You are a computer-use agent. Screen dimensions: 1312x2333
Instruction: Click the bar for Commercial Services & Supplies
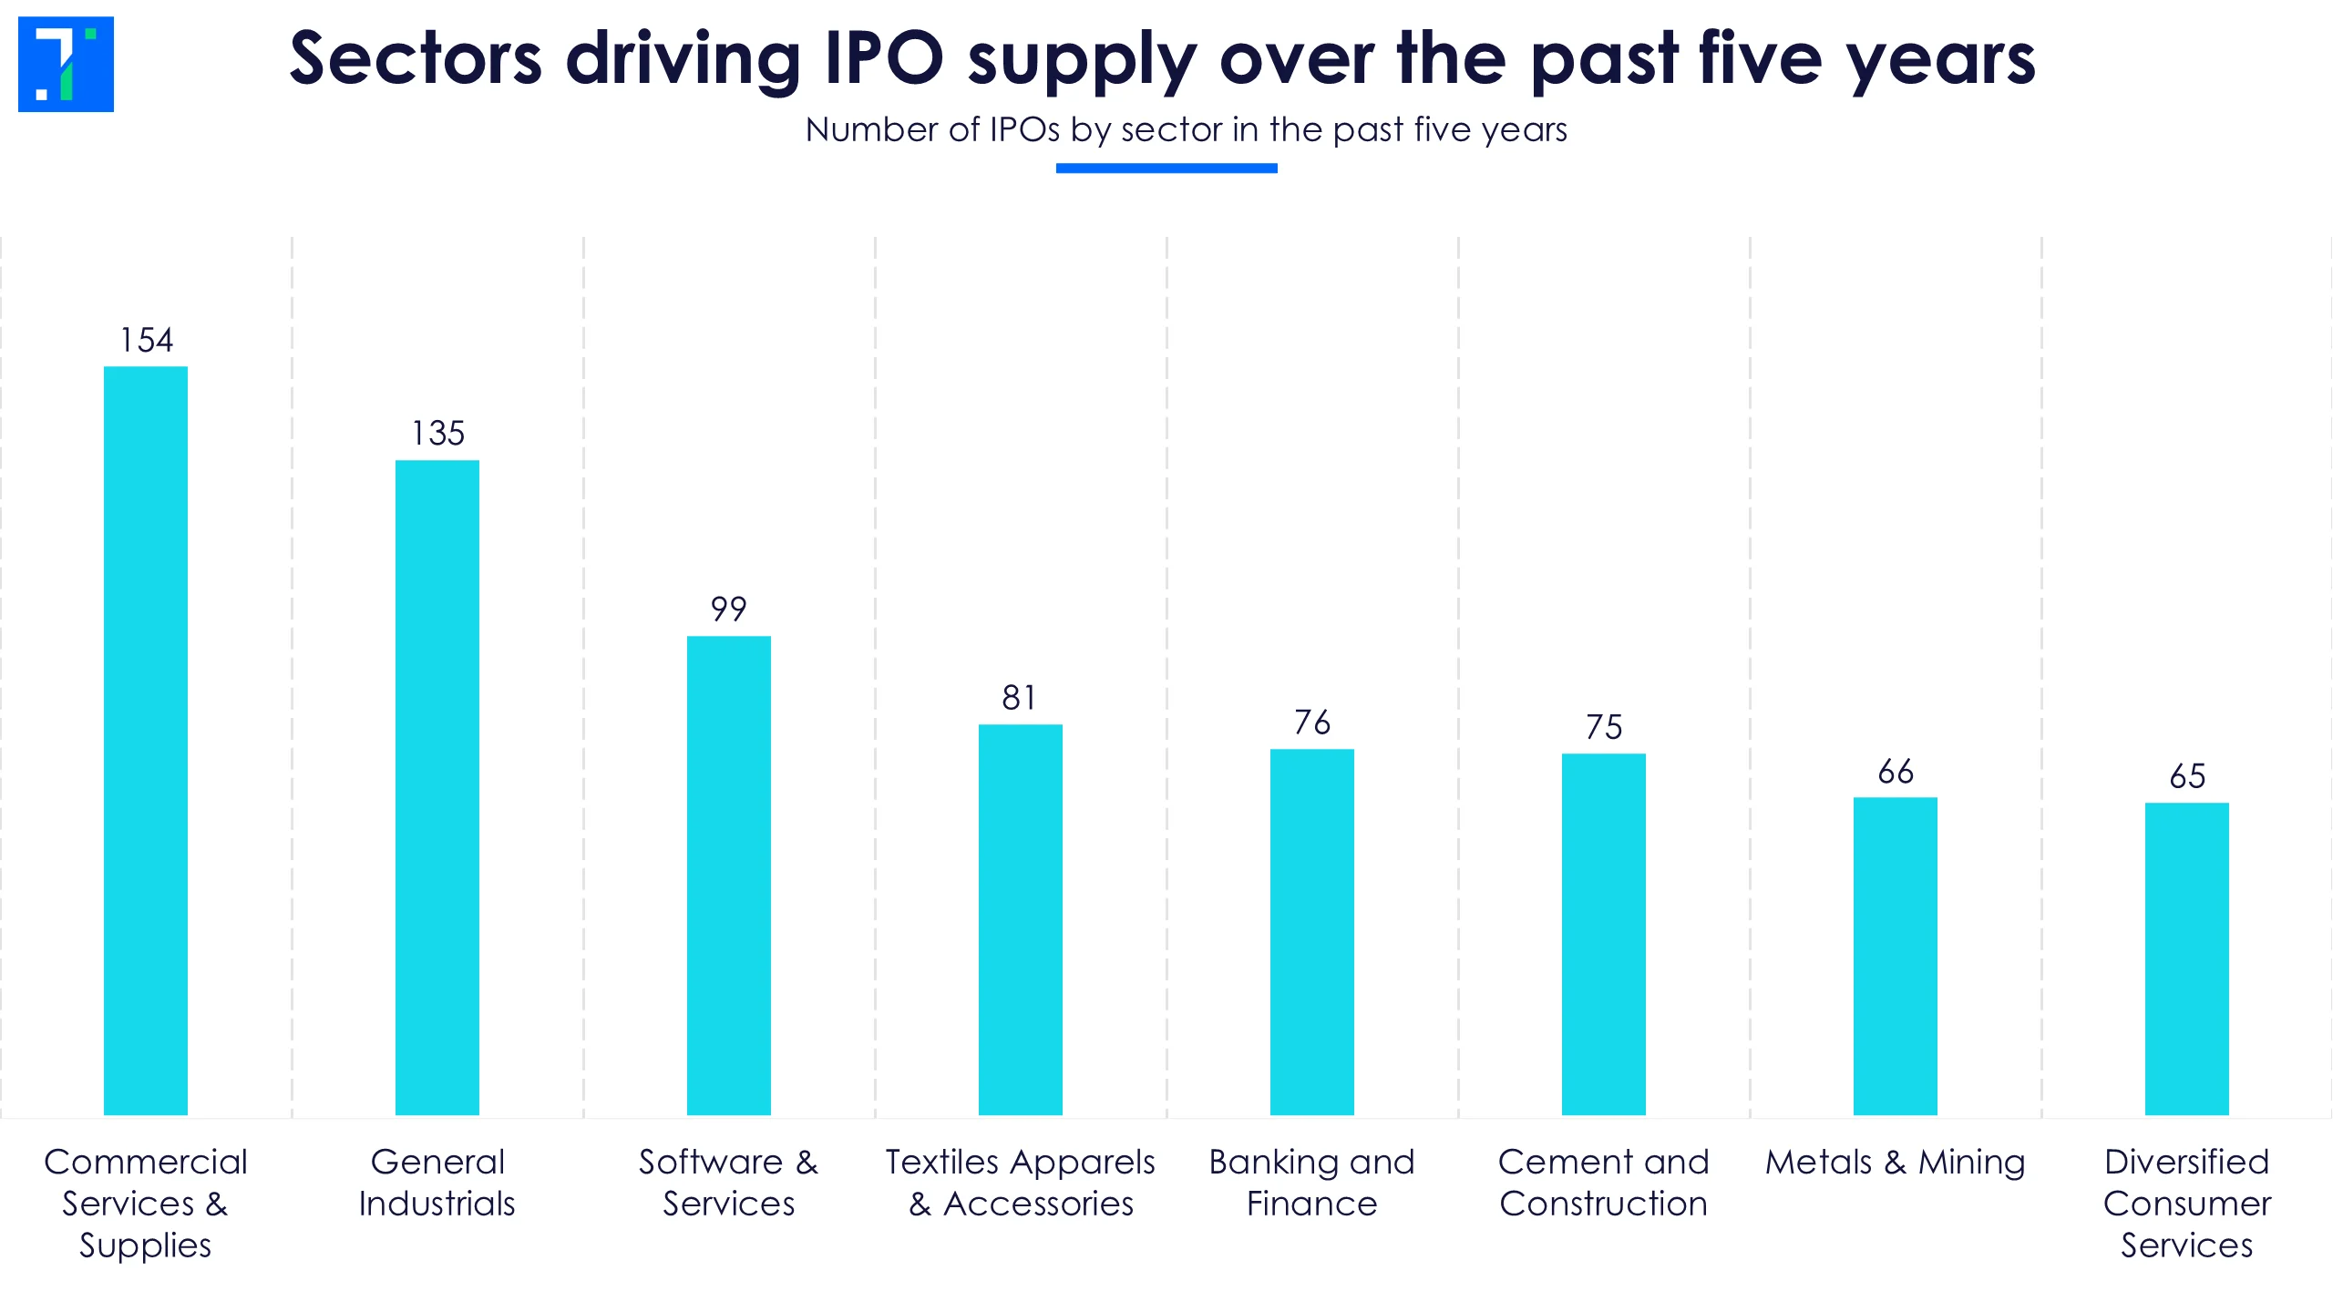pyautogui.click(x=146, y=740)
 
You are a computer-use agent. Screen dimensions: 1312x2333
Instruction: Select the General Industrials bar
pyautogui.click(x=437, y=787)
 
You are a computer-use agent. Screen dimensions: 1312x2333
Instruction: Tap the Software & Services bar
pyautogui.click(x=729, y=875)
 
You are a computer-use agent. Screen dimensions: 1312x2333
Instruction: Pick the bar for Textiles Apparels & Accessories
pyautogui.click(x=1021, y=918)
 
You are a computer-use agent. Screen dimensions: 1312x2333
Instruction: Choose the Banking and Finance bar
pyautogui.click(x=1312, y=931)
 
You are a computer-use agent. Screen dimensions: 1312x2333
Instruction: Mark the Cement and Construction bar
pyautogui.click(x=1604, y=934)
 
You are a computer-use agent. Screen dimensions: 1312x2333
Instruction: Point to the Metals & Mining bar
pyautogui.click(x=1896, y=956)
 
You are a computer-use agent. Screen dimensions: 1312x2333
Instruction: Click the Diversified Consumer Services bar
pyautogui.click(x=2187, y=958)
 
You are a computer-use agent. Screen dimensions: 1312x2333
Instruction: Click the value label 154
pyautogui.click(x=147, y=340)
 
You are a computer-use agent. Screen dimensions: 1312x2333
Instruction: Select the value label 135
pyautogui.click(x=438, y=433)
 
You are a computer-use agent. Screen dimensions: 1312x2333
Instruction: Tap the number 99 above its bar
pyautogui.click(x=729, y=609)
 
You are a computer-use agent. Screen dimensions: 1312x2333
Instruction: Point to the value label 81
pyautogui.click(x=1020, y=698)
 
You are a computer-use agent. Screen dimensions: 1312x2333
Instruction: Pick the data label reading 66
pyautogui.click(x=1896, y=772)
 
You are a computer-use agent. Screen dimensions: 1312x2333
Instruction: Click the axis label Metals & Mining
pyautogui.click(x=1896, y=1163)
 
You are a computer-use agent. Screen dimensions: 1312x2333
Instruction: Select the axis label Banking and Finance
pyautogui.click(x=1312, y=1183)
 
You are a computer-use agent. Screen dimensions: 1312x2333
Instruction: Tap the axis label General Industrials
pyautogui.click(x=437, y=1183)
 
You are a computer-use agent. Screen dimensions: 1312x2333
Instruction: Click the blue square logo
pyautogui.click(x=66, y=64)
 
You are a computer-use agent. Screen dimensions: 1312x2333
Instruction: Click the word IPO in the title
pyautogui.click(x=883, y=58)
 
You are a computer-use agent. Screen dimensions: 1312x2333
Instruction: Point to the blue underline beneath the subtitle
pyautogui.click(x=1166, y=168)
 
